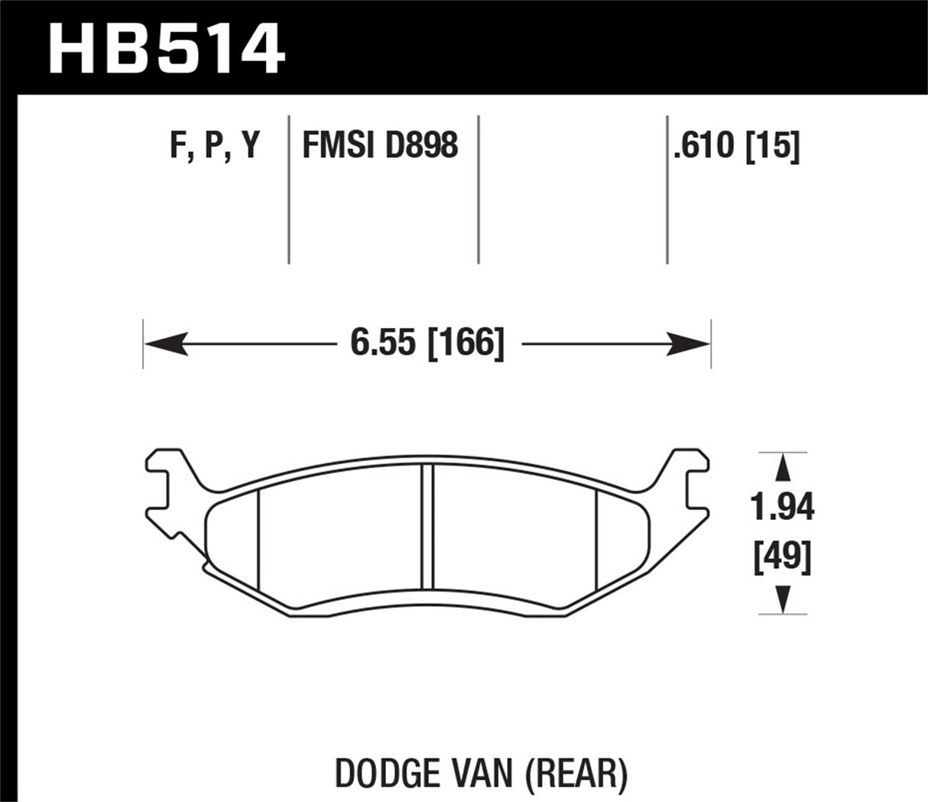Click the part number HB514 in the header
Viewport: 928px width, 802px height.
167,47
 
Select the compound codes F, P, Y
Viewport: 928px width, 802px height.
215,145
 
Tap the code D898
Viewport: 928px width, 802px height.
421,145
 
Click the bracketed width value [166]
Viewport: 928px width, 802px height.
466,343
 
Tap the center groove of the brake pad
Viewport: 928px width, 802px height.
427,528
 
